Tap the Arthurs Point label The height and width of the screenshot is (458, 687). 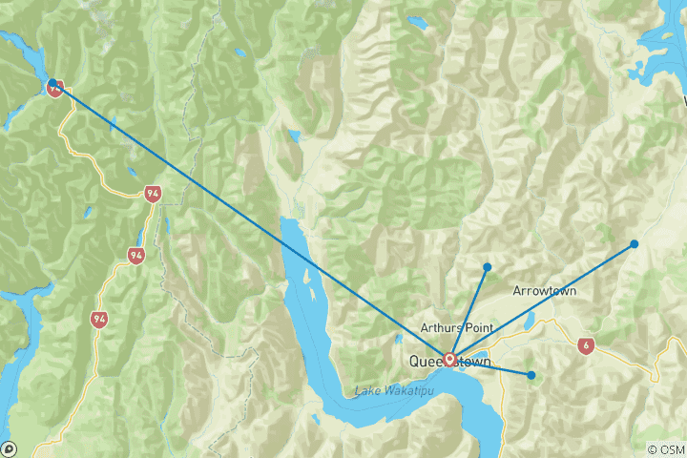point(461,327)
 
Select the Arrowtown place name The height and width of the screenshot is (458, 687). point(544,290)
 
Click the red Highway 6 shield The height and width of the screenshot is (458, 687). point(583,346)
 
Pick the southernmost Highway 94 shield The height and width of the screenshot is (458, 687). point(99,317)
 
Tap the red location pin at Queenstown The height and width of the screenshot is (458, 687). point(448,359)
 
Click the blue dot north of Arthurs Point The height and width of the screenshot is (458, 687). point(487,266)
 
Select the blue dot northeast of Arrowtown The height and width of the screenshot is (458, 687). point(634,244)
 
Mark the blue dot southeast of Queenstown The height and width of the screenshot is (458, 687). point(531,375)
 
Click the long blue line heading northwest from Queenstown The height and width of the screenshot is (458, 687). point(248,219)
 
